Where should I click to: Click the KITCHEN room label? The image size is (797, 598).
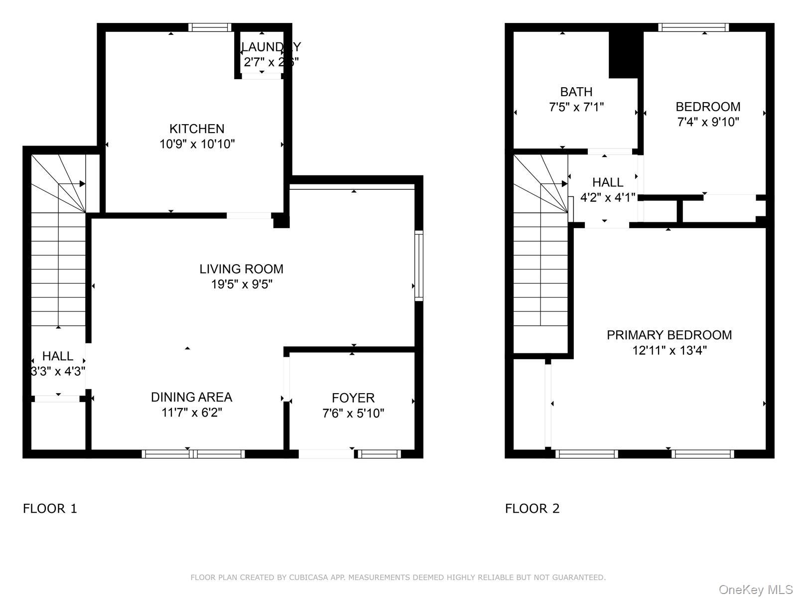point(197,129)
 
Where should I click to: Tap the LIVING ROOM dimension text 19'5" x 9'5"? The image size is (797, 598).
point(241,285)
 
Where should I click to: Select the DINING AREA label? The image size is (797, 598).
point(191,397)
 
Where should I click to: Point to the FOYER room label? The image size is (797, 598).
point(353,398)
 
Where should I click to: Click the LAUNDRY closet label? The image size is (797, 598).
point(271,47)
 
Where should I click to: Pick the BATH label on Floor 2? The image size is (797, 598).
point(576,92)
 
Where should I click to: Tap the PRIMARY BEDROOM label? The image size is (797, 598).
point(669,335)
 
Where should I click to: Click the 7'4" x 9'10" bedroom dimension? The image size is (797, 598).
point(708,122)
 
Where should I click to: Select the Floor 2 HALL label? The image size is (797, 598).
point(608,182)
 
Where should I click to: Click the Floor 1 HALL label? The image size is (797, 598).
point(58,356)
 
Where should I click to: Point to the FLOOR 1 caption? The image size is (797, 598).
point(50,508)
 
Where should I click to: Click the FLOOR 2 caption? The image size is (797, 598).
point(532,508)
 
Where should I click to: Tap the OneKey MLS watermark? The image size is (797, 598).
point(755,590)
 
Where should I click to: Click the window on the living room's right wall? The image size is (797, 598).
point(419,266)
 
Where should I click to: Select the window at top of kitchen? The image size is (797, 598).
point(210,27)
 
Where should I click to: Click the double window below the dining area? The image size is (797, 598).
point(193,454)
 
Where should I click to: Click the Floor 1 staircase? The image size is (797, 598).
point(58,249)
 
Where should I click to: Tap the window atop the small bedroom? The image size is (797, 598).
point(693,27)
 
